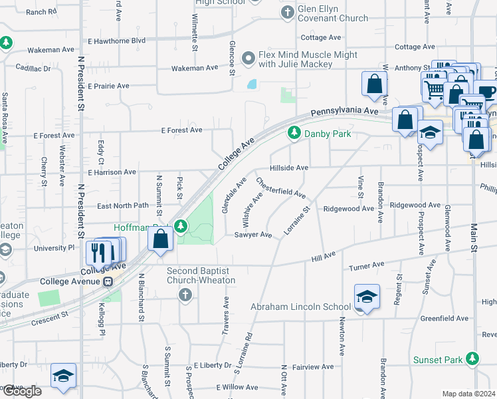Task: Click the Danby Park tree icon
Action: point(294,134)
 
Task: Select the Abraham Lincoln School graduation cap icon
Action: point(367,297)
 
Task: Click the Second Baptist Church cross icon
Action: point(185,295)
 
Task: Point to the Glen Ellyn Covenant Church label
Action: point(333,13)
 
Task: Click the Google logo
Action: point(22,391)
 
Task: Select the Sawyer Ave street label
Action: point(253,235)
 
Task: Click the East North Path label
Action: point(123,205)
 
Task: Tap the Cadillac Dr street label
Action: point(29,68)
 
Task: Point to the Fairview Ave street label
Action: point(312,366)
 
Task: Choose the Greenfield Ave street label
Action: point(445,319)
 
